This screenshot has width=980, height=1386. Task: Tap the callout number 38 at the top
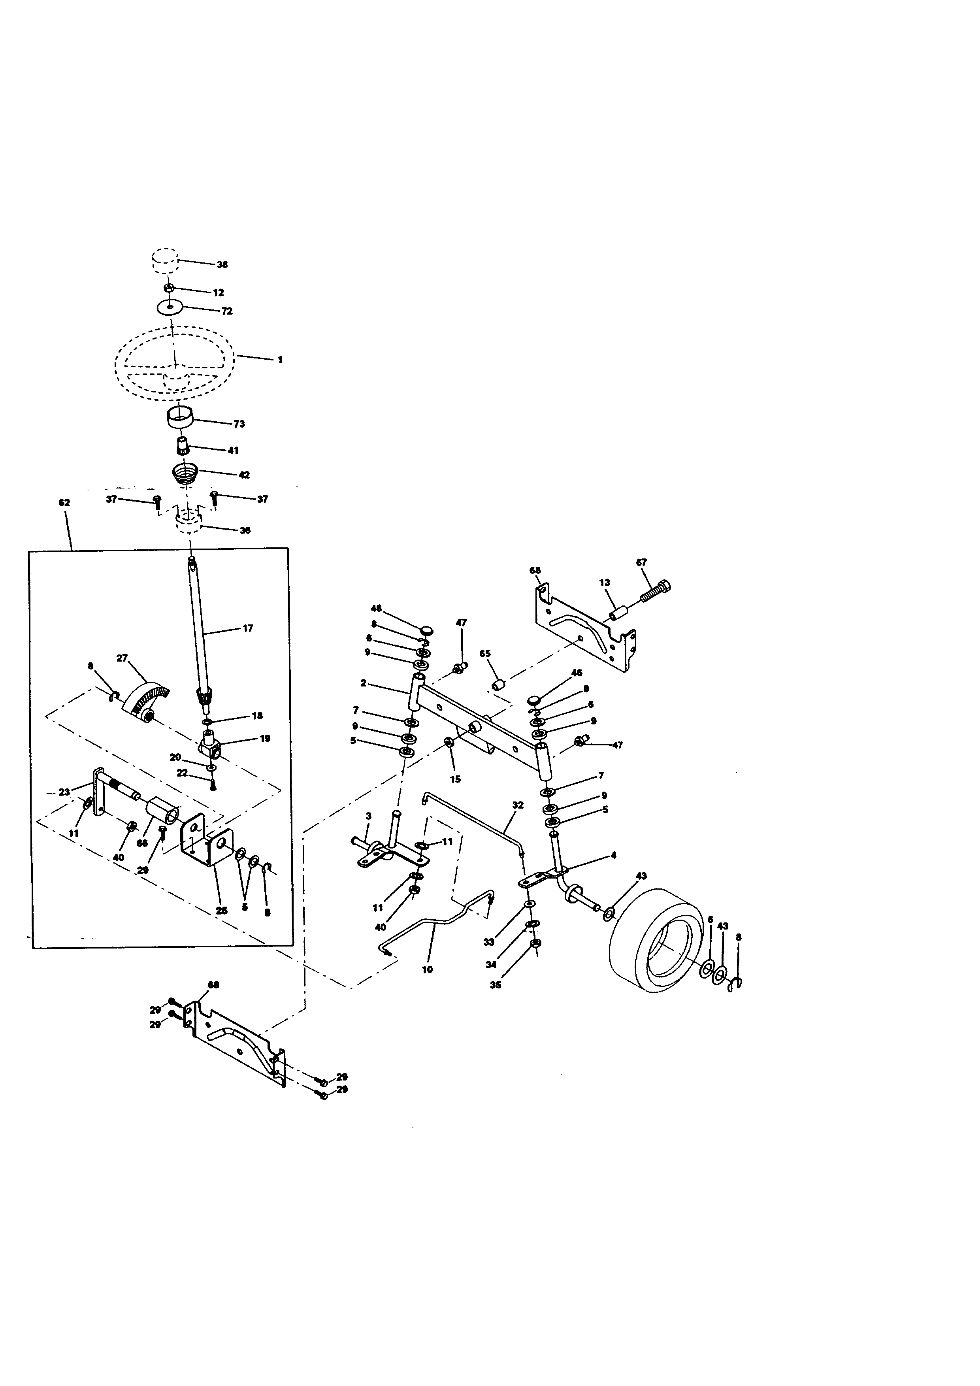[222, 264]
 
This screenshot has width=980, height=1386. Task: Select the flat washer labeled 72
[170, 307]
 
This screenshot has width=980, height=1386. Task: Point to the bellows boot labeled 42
[185, 471]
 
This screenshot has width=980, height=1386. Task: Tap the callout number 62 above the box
[64, 503]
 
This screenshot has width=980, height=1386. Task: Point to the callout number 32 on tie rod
[518, 805]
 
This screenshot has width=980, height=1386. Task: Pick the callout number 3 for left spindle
[368, 816]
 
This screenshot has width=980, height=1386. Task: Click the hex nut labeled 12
[170, 288]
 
